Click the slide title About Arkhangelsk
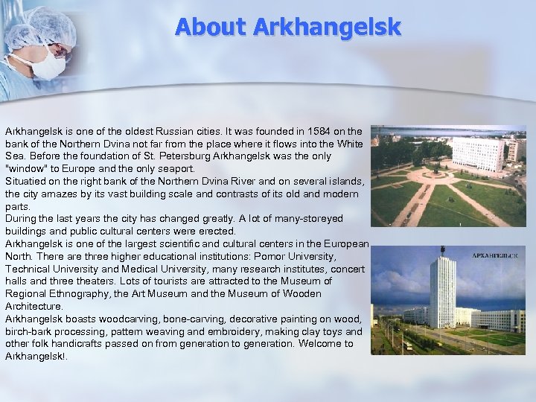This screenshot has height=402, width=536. tap(287, 27)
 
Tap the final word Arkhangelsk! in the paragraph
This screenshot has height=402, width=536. tap(35, 356)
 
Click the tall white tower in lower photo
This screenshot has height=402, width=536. tap(442, 290)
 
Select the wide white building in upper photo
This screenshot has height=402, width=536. tap(477, 153)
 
